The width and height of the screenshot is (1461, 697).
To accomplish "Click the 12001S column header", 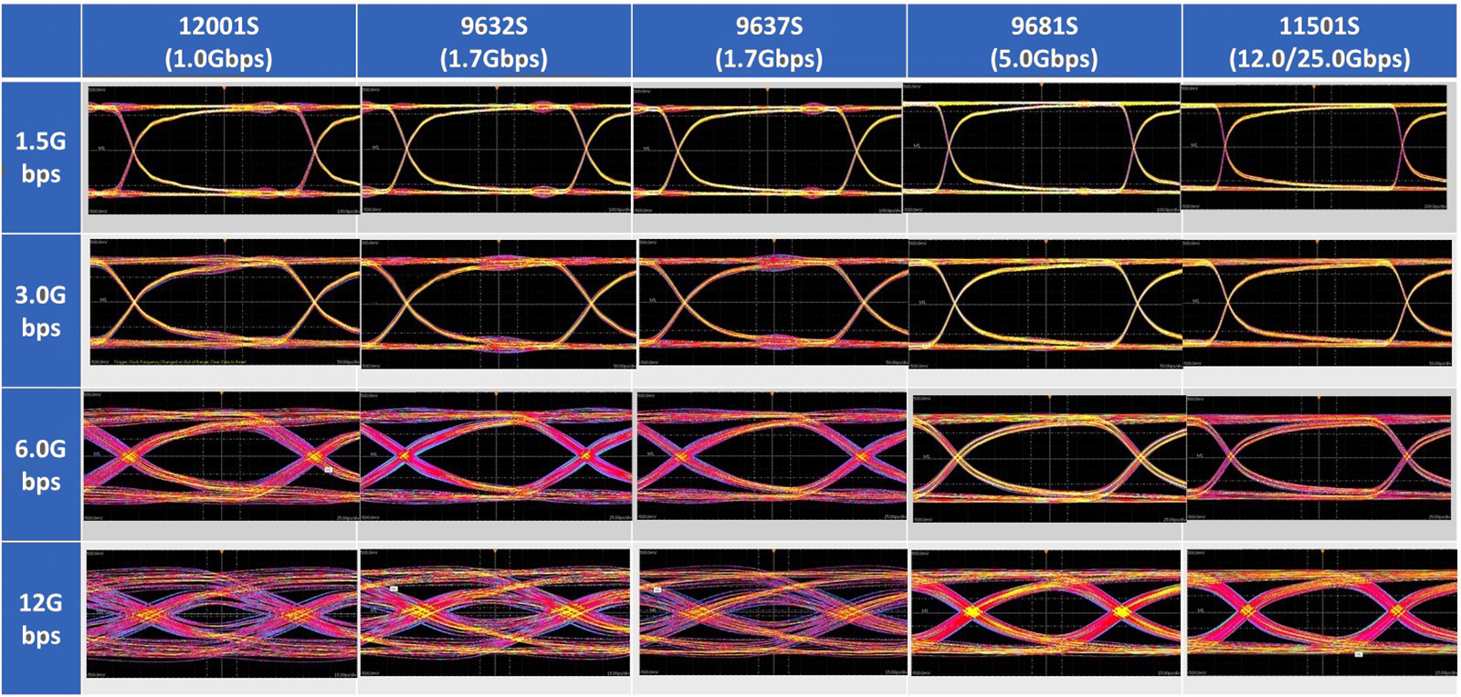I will point(219,41).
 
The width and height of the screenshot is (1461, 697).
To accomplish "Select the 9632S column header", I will point(494,41).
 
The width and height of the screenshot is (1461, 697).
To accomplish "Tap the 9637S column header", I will point(769,41).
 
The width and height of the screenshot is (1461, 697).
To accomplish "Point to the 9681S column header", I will point(1044,41).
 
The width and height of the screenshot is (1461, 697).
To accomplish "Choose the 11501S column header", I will point(1319,41).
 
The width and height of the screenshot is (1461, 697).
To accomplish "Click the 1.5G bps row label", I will point(41,157).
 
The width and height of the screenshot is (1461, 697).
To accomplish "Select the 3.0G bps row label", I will point(41,311).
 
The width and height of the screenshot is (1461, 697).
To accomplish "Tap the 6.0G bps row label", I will point(41,465).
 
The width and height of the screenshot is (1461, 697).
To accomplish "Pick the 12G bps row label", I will point(41,619).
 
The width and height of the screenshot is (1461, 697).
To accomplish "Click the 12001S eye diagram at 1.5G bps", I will point(224,151).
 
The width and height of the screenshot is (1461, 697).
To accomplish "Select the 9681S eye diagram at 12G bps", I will point(1046,612).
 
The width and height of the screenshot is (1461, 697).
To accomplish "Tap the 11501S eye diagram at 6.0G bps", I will point(1319,459).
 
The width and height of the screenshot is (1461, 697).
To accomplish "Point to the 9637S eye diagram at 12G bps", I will point(773,612).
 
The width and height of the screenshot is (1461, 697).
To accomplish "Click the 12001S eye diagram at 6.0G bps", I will point(221,457).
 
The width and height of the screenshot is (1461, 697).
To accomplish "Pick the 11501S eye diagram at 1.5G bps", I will point(1313,148).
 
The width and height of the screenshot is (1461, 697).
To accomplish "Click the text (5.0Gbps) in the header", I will point(1044,58).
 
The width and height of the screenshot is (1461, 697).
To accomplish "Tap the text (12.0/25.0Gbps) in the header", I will point(1319,58).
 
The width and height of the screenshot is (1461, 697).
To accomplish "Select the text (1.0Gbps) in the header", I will point(219,58).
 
